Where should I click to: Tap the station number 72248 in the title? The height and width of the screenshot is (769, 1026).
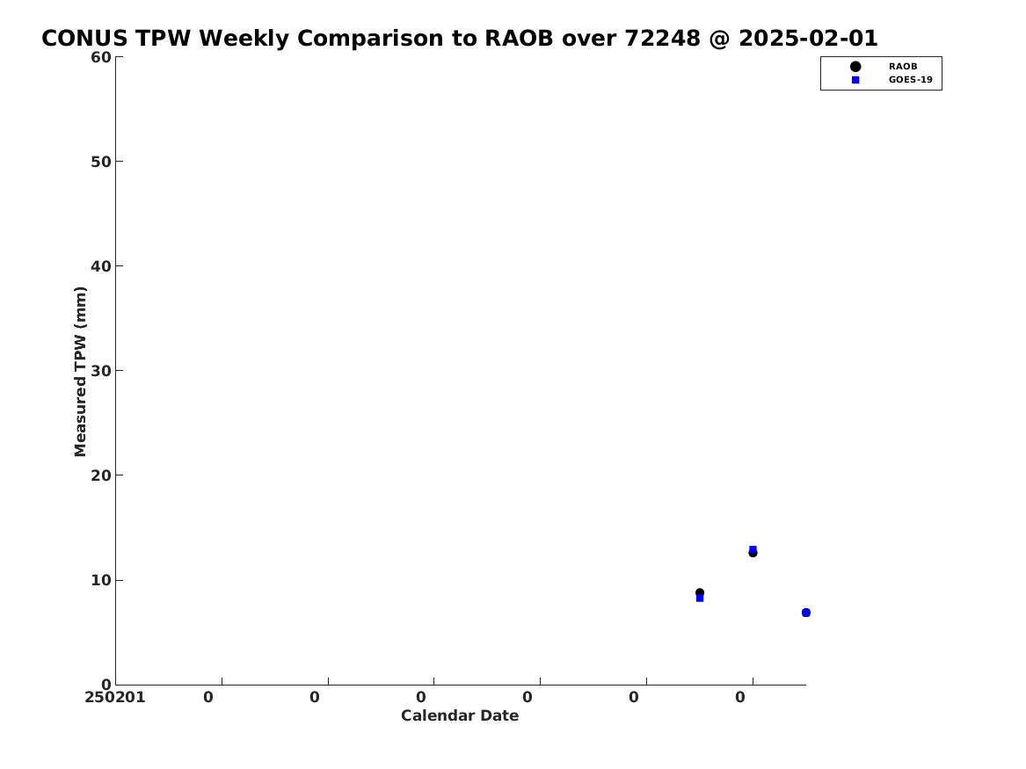tap(662, 38)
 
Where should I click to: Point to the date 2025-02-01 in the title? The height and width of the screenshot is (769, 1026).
tap(808, 38)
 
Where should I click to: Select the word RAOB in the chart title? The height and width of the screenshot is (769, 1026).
tap(518, 38)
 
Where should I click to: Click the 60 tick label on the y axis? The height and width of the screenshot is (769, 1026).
tap(101, 57)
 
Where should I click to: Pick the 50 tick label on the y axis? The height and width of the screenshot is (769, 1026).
tap(101, 162)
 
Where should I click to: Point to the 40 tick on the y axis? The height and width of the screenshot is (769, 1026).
tap(101, 266)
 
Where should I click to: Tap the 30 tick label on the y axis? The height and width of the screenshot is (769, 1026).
tap(101, 371)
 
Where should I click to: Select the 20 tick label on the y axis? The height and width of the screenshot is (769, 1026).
tap(101, 475)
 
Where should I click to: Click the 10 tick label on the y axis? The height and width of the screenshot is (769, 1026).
tap(101, 580)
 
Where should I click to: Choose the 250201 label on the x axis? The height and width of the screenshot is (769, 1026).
tap(115, 698)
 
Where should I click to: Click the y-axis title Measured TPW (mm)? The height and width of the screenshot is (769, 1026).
tap(80, 372)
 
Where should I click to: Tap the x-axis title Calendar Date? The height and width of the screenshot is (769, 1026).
tap(460, 716)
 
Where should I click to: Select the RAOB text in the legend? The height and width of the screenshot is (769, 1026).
tap(903, 67)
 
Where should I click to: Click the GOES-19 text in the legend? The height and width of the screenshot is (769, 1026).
tap(910, 80)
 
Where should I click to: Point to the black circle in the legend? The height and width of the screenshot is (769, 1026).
tap(855, 67)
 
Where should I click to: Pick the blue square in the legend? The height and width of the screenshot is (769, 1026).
tap(855, 80)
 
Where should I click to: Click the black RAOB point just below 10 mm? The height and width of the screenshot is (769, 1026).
tap(700, 592)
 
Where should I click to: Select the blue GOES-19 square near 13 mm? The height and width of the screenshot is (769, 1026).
tap(753, 549)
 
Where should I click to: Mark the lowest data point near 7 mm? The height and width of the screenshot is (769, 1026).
tap(805, 613)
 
